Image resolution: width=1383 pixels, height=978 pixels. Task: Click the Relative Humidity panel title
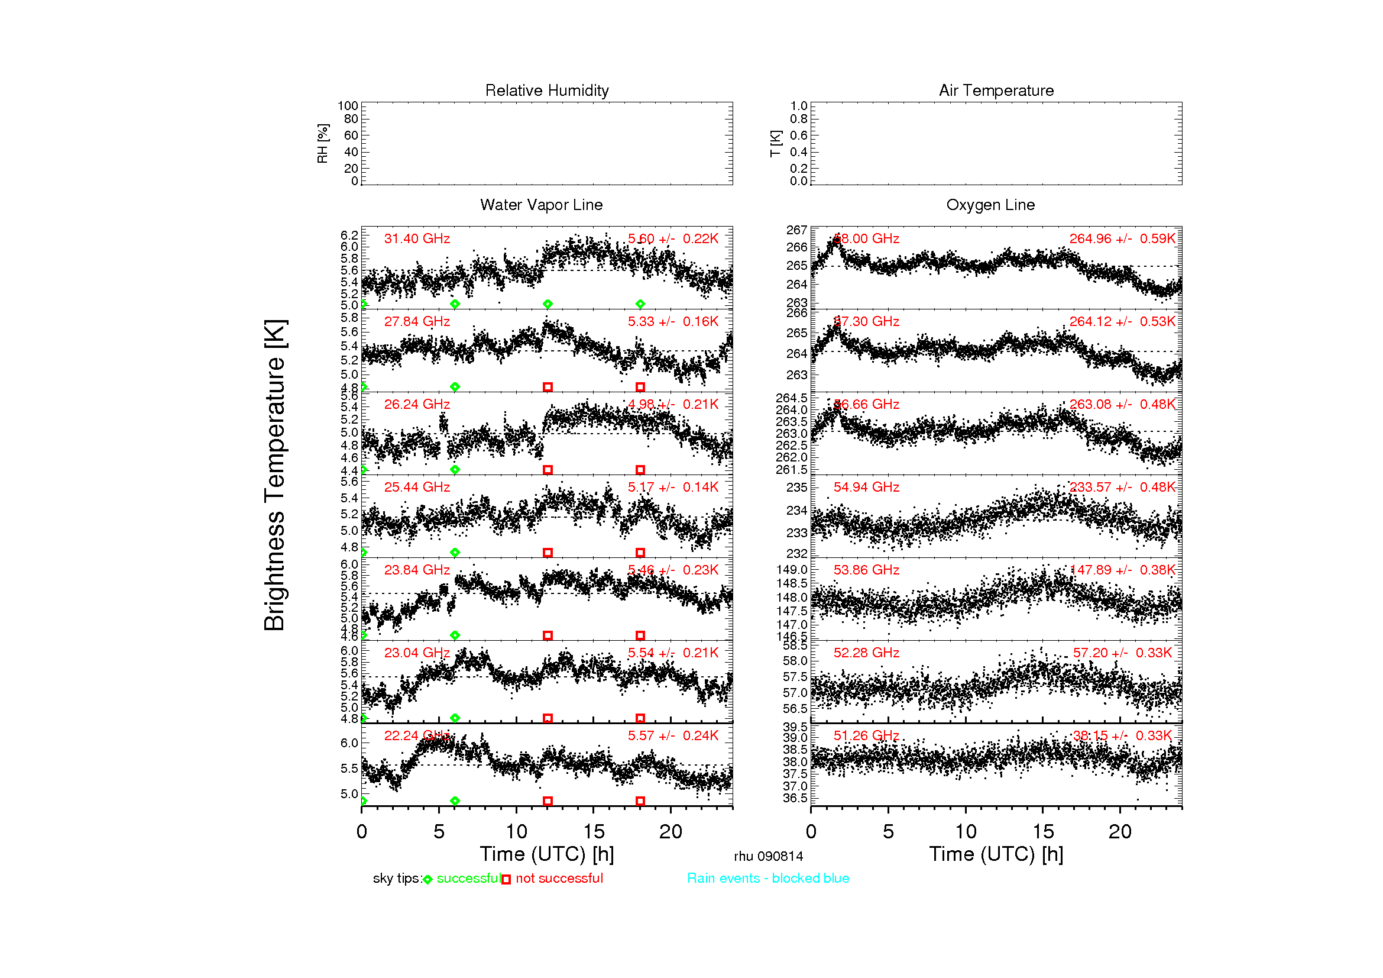coord(547,91)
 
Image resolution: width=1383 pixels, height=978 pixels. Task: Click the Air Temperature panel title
coord(996,91)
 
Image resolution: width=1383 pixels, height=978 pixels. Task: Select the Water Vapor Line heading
coord(541,205)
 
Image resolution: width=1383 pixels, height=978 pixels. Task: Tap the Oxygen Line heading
coord(990,205)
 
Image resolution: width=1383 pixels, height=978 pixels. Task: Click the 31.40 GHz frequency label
coord(417,238)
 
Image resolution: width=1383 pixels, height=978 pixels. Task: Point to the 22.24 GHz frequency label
coord(417,736)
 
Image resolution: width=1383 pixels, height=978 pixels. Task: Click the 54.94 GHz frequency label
coord(866,487)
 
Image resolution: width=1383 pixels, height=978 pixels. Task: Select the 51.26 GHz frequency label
coord(866,736)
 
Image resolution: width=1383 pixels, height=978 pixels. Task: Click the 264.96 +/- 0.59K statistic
coord(1122,238)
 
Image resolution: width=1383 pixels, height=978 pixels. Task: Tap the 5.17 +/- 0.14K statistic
coord(673,487)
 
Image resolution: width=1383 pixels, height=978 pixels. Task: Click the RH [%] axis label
coord(323,143)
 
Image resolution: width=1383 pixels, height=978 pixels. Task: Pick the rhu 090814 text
coord(768,856)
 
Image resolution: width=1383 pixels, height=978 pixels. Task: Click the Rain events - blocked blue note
coord(768,878)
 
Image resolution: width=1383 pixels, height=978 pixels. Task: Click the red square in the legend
coord(506,880)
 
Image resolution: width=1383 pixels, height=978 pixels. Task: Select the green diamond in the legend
coord(427,880)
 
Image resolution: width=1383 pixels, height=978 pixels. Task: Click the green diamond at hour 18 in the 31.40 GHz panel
coord(640,304)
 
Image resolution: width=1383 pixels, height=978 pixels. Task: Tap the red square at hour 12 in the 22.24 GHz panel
coord(548,801)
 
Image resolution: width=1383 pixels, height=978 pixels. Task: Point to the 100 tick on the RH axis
coord(348,106)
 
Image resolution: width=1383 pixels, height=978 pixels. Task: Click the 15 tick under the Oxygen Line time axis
coord(1043,832)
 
